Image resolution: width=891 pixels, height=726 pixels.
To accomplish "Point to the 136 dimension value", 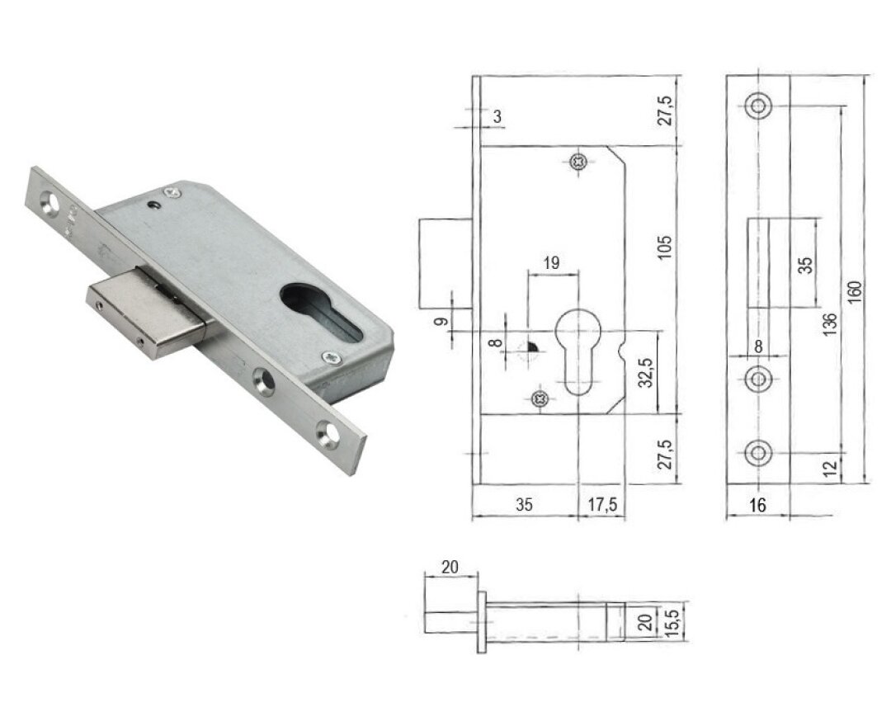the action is (830, 323).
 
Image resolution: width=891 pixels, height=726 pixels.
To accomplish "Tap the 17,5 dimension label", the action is (601, 504).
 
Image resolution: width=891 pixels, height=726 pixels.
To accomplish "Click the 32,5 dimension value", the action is (645, 373).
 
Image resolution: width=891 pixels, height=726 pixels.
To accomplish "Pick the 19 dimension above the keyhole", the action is (551, 262).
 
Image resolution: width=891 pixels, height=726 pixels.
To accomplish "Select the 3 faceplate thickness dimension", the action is (497, 117).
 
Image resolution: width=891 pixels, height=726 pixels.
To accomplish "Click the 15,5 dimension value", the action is (674, 623).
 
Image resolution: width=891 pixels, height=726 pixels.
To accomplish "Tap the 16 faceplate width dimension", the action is (757, 504).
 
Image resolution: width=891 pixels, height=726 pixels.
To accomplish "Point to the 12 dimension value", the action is (830, 469).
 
